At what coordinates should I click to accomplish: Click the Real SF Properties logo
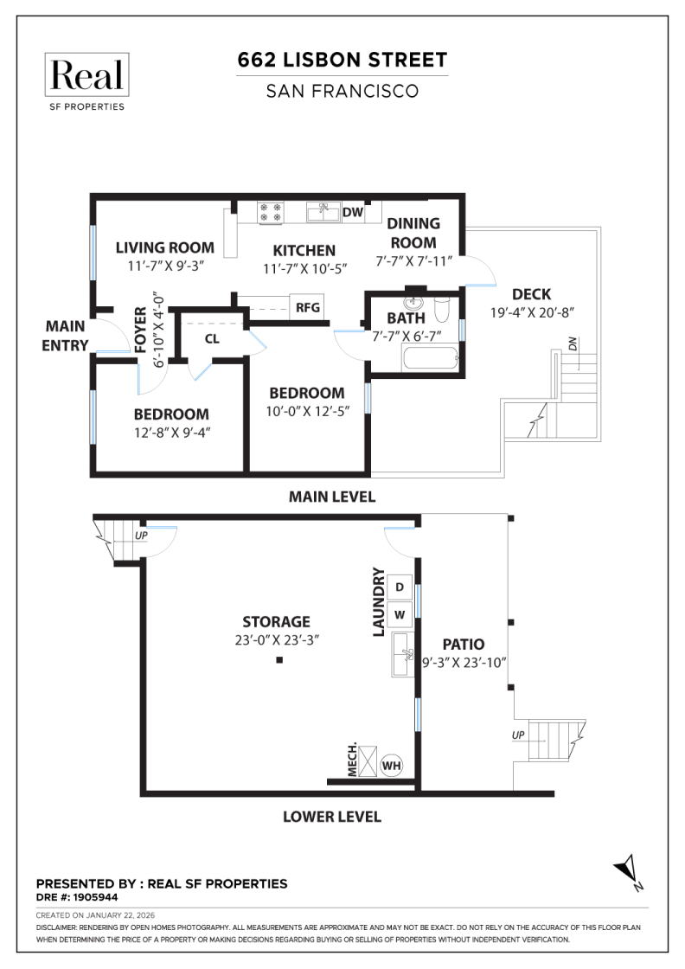point(86,81)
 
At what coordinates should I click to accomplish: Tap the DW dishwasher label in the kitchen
point(352,212)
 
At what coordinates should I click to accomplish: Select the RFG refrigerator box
point(307,306)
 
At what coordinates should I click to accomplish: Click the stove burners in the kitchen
point(271,212)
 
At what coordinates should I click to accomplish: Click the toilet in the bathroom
point(443,309)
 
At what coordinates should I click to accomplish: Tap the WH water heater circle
point(392,765)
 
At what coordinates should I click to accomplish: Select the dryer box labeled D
point(400,587)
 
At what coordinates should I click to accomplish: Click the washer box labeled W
point(400,615)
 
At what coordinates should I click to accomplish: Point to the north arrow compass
point(626,870)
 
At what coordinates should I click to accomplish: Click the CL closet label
point(212,338)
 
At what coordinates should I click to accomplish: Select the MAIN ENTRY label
point(66,336)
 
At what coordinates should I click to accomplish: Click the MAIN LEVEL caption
point(332,497)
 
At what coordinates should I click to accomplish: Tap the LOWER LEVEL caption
point(332,816)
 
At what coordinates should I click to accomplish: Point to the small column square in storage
point(279,661)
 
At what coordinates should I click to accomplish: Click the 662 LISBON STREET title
point(342,60)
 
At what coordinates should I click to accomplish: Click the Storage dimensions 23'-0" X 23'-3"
point(276,640)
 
